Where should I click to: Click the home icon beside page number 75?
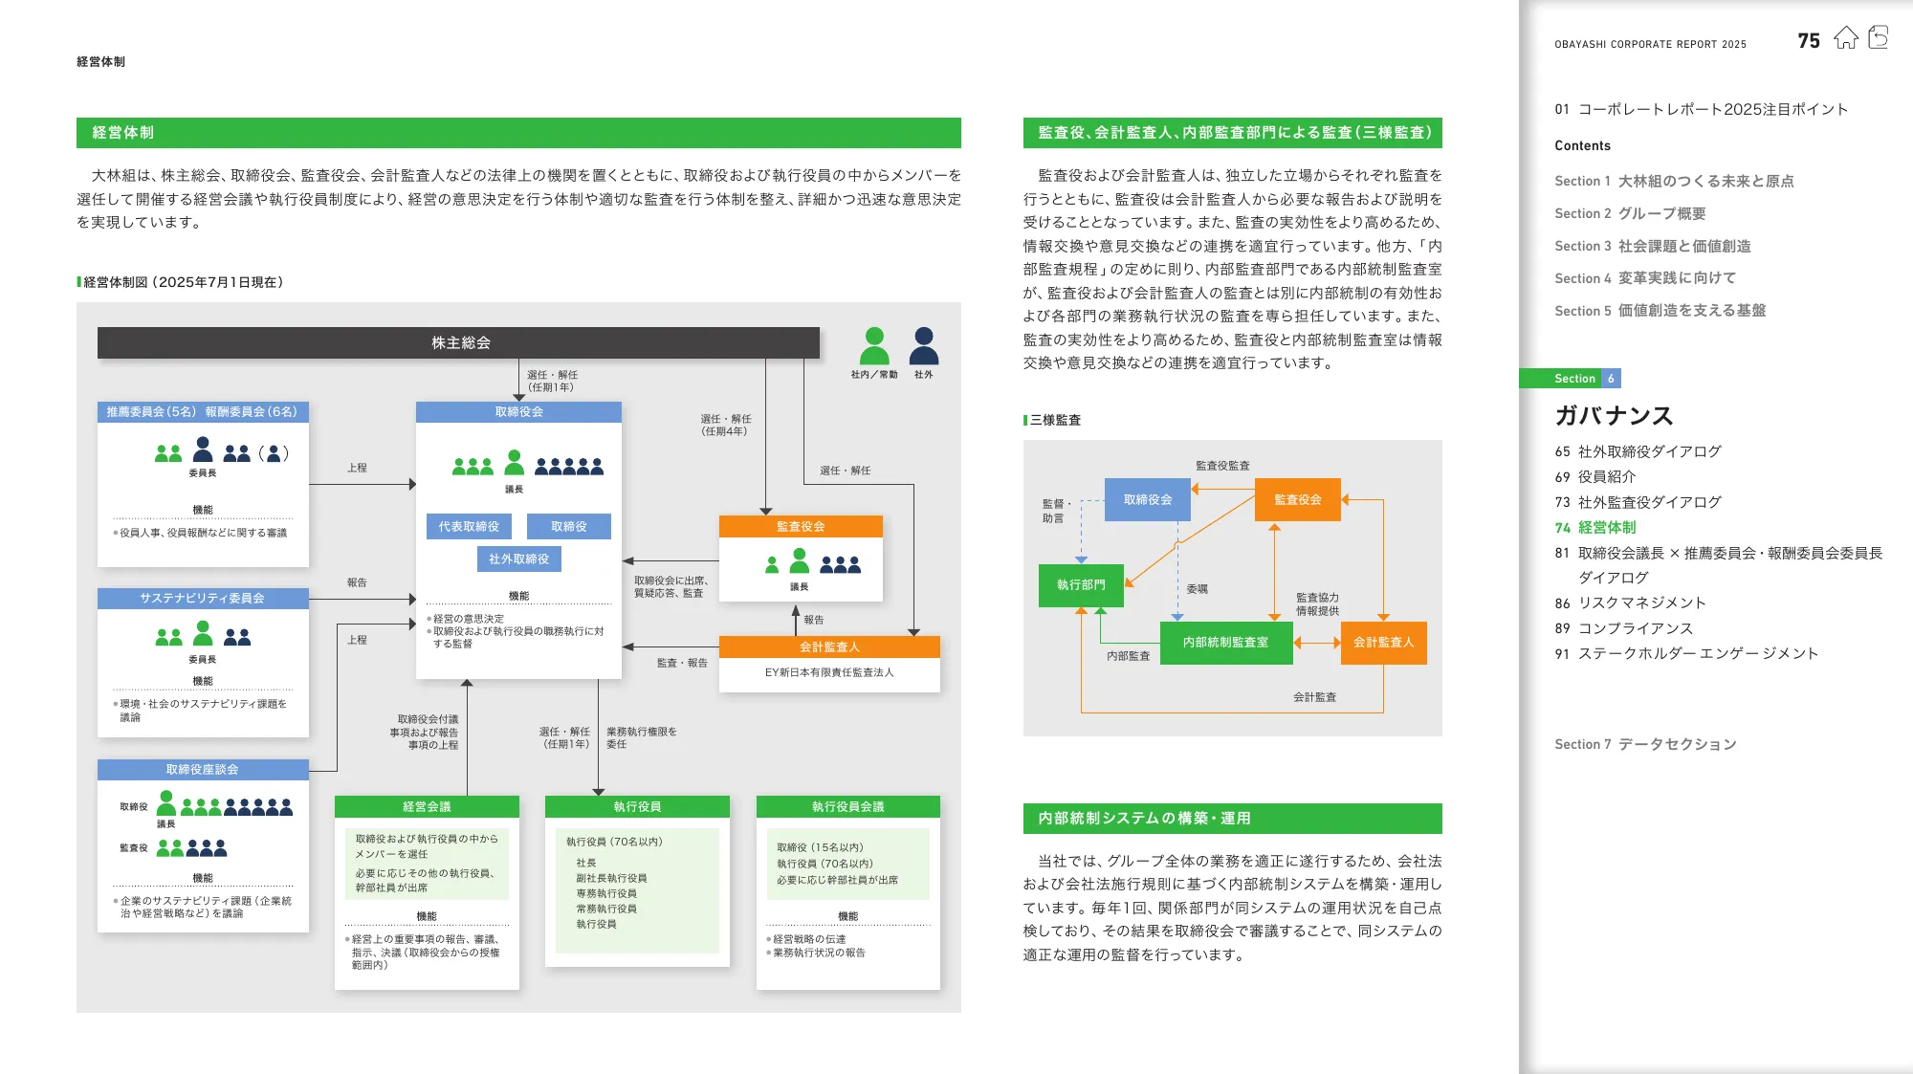pos(1845,38)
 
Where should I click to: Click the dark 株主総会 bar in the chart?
pos(459,342)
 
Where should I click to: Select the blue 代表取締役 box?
pos(469,526)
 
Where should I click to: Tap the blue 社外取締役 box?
pos(518,559)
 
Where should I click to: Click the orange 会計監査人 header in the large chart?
pos(829,647)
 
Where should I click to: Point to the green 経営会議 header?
pos(427,806)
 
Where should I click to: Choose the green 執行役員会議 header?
pos(847,806)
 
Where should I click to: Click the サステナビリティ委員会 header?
pos(203,598)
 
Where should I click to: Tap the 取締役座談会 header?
pos(203,769)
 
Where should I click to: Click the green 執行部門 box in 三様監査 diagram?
pos(1081,584)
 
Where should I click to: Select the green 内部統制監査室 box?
pos(1225,643)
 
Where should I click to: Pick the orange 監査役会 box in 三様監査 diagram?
pos(1297,499)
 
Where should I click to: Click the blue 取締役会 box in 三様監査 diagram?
pos(1147,499)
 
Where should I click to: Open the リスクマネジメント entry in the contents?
pos(1641,603)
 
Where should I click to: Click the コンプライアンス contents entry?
pos(1635,628)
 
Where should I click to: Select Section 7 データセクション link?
pos(1645,744)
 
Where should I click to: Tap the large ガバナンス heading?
pos(1614,416)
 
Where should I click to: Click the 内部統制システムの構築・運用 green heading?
pos(1144,819)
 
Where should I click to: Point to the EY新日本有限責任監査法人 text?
pos(829,672)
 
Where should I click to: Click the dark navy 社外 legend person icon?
pos(924,345)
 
